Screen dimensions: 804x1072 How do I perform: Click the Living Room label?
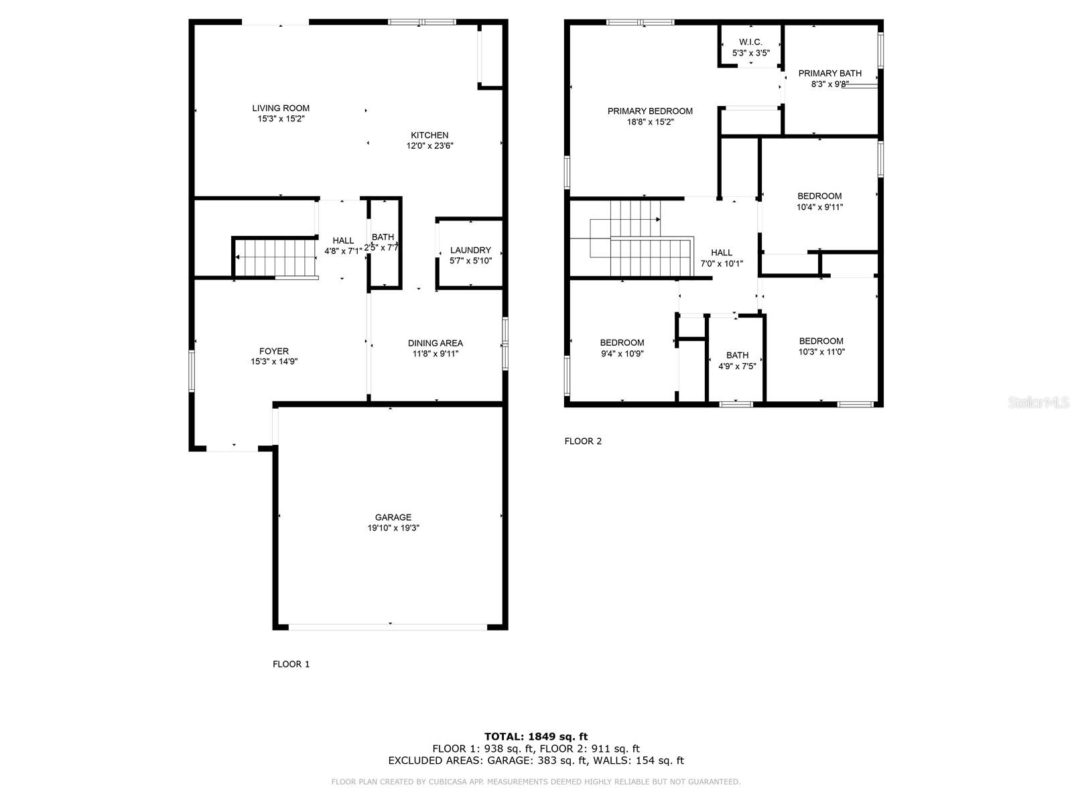(281, 108)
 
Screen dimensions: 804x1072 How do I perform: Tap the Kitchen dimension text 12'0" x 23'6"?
(429, 145)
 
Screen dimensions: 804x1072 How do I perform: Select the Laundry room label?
(470, 250)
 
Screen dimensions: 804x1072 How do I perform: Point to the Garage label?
(393, 517)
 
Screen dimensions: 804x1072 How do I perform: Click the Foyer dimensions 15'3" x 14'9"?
(274, 361)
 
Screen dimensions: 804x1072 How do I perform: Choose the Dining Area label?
(435, 343)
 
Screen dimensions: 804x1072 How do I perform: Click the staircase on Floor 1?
(275, 258)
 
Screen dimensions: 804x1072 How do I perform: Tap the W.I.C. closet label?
(750, 42)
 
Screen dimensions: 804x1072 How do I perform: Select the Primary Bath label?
(829, 73)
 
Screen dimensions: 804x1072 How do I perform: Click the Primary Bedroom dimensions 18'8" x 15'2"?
(650, 122)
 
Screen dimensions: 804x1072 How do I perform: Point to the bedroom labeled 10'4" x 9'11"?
(819, 202)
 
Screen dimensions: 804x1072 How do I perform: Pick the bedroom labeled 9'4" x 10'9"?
(622, 348)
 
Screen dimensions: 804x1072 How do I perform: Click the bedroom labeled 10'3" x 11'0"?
(821, 346)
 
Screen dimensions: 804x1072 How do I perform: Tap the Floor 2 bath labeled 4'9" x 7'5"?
(737, 360)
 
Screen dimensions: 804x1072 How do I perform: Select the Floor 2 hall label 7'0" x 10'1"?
(722, 258)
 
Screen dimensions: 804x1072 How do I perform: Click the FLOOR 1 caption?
(291, 664)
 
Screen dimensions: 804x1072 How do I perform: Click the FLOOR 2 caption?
(583, 441)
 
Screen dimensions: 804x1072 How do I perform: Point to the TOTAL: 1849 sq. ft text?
(536, 736)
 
